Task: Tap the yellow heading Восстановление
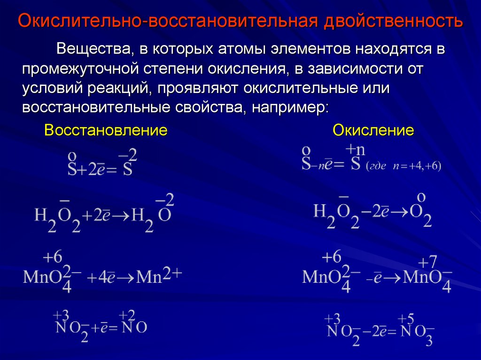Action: tap(106, 130)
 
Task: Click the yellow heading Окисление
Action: tap(373, 130)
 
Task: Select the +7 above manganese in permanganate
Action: tap(427, 262)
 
